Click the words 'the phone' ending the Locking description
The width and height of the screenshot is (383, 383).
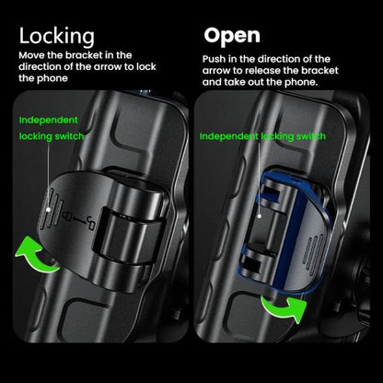coord(43,78)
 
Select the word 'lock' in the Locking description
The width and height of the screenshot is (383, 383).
coord(146,67)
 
